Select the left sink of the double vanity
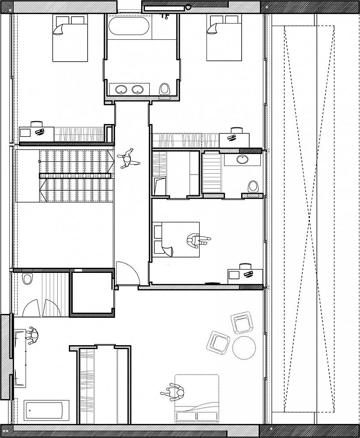(121, 89)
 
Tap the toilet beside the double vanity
(165, 89)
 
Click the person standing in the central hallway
(127, 160)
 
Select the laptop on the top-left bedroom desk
(39, 131)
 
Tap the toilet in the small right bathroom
(254, 186)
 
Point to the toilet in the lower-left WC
(27, 279)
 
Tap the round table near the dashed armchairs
(244, 347)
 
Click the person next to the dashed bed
(173, 392)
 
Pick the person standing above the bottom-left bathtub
(32, 335)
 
